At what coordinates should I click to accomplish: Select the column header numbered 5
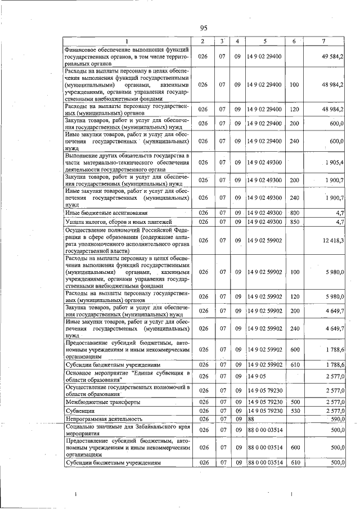click(x=264, y=41)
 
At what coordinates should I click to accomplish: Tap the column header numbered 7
click(x=323, y=41)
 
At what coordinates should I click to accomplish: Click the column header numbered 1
click(x=127, y=41)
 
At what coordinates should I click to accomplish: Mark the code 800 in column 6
click(x=294, y=213)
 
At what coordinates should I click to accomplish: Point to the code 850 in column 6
click(x=294, y=222)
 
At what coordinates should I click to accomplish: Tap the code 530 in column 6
click(x=294, y=411)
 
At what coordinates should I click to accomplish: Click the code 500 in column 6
click(x=294, y=402)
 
